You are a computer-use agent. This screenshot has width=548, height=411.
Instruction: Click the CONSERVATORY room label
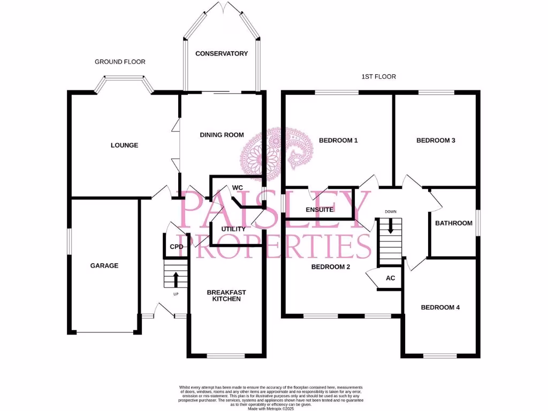tap(222, 54)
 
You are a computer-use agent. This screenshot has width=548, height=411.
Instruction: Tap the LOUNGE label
tap(124, 145)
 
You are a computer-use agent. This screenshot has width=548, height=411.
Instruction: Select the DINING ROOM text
tap(222, 135)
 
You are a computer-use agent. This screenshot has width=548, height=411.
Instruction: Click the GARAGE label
tap(104, 265)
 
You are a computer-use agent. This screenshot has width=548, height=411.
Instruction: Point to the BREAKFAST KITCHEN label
tap(226, 295)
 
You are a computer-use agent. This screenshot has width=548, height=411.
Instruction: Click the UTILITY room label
tap(233, 229)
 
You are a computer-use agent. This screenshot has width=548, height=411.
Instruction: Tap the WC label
tap(238, 188)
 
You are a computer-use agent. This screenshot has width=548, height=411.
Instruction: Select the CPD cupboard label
tap(176, 247)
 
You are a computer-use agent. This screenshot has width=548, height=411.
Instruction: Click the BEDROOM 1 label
tap(338, 141)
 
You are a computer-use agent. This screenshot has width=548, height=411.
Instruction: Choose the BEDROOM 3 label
tap(436, 141)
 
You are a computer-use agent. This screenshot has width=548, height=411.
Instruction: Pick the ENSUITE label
tap(319, 210)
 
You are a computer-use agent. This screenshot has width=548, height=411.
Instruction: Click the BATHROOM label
tap(453, 223)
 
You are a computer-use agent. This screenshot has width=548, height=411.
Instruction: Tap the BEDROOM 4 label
tap(440, 307)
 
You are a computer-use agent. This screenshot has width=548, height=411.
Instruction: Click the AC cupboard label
tap(390, 278)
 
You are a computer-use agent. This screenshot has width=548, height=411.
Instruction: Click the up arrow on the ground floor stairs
tap(176, 278)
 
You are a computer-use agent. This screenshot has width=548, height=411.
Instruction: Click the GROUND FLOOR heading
tap(120, 62)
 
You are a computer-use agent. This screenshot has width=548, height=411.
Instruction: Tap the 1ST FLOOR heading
tap(378, 77)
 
